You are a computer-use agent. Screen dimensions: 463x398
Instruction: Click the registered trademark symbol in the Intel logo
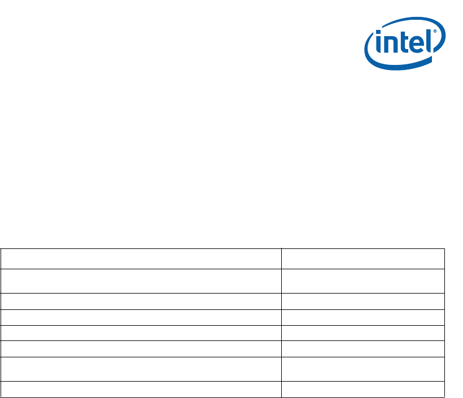click(x=435, y=33)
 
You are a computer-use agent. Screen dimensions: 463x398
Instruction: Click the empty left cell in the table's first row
click(x=141, y=259)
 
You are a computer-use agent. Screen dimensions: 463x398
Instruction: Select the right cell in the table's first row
click(x=363, y=259)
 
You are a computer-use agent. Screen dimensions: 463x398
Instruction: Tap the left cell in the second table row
click(x=141, y=281)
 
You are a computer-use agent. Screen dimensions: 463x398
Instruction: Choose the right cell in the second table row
click(x=363, y=281)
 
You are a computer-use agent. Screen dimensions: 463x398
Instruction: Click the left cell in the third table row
click(x=141, y=301)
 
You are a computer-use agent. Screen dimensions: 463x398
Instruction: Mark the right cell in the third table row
click(x=363, y=301)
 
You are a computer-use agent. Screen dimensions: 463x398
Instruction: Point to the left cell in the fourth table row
click(x=141, y=317)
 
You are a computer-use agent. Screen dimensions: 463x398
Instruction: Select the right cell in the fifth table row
click(x=363, y=333)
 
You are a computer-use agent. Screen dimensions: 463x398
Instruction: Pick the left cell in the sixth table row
click(x=141, y=348)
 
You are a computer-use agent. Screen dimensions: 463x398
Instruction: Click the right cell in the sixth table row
click(x=363, y=348)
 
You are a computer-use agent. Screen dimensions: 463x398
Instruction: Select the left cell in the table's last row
click(x=141, y=389)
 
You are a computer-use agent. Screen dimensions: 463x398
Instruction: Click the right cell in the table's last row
click(x=363, y=389)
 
